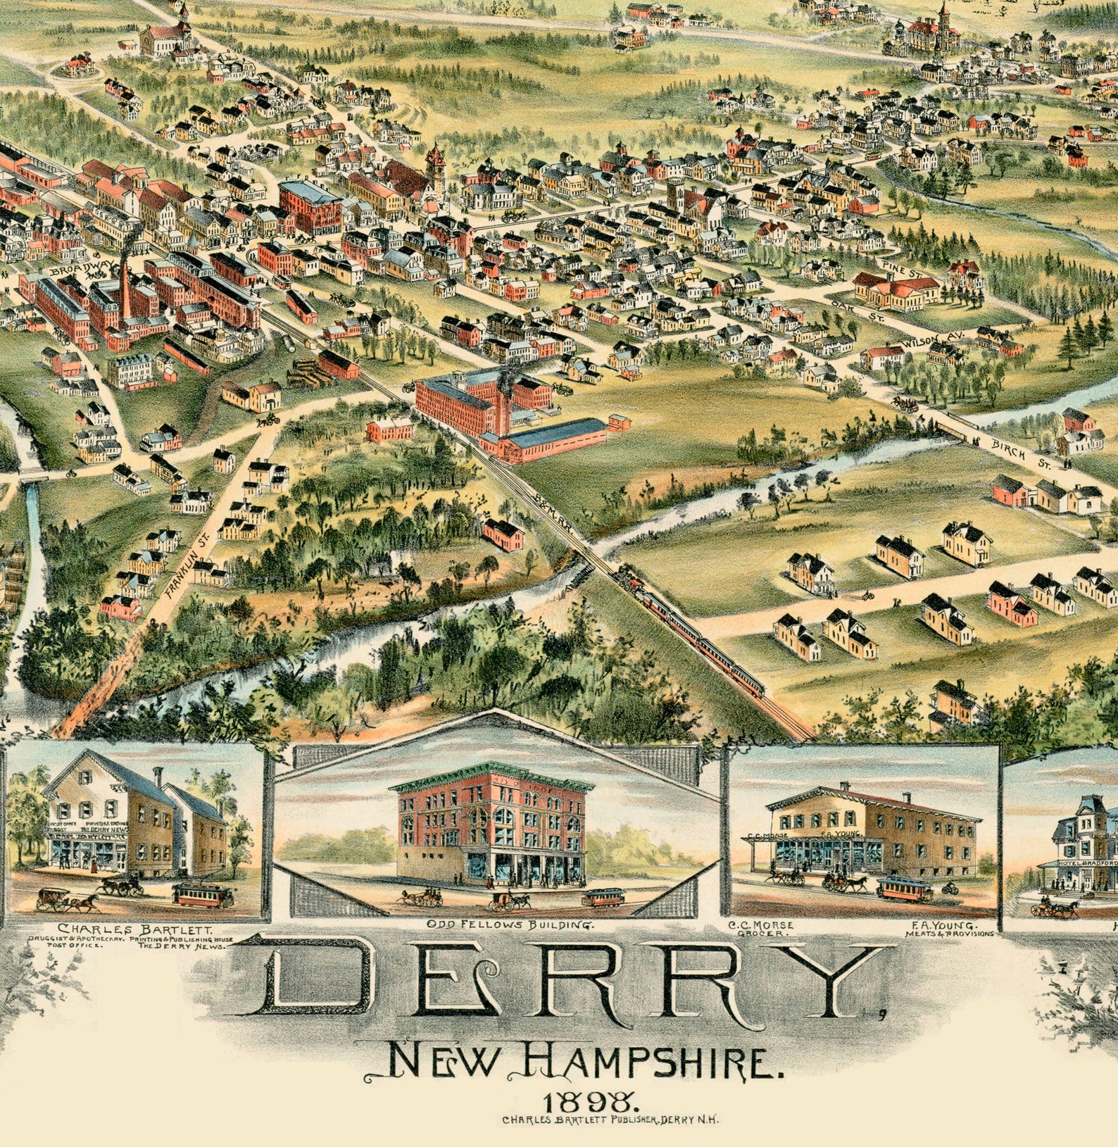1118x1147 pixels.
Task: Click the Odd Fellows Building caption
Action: pyautogui.click(x=510, y=924)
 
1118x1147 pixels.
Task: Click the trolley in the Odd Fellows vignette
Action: pyautogui.click(x=603, y=897)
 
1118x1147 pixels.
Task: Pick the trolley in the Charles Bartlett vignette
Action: pyautogui.click(x=203, y=896)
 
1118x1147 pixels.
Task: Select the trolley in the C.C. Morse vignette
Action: pyautogui.click(x=905, y=889)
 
